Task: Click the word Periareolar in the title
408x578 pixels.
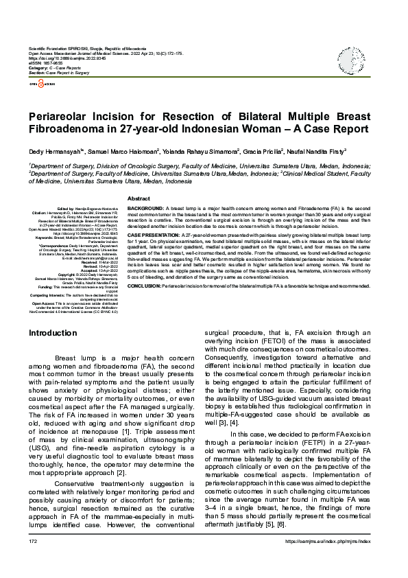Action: pyautogui.click(x=65, y=115)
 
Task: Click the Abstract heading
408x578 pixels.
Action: pyautogui.click(x=139, y=198)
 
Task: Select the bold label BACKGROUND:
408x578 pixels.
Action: pyautogui.click(x=145, y=207)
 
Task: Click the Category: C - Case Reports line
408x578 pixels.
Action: pyautogui.click(x=55, y=69)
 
